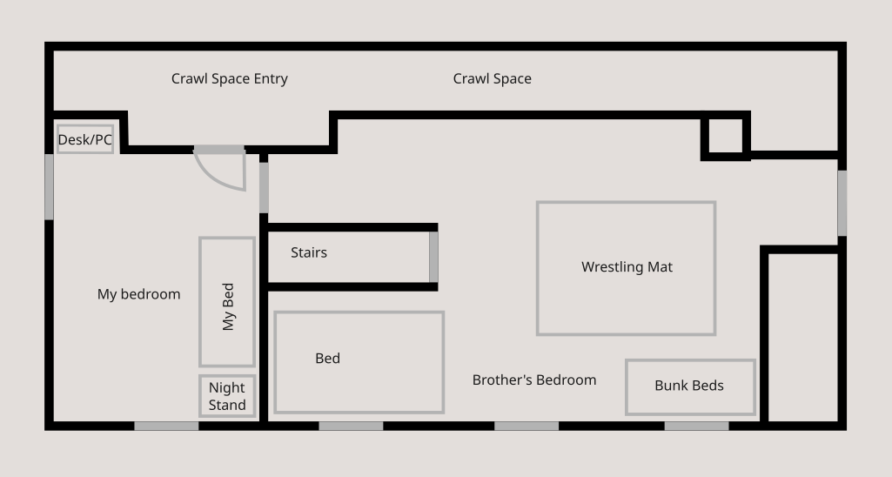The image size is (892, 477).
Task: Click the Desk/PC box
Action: pyautogui.click(x=85, y=139)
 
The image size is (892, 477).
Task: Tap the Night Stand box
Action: pyautogui.click(x=227, y=396)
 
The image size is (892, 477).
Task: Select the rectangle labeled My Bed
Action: pyautogui.click(x=227, y=302)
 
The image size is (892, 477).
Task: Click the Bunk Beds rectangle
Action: pyautogui.click(x=690, y=386)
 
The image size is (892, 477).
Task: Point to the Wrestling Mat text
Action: pyautogui.click(x=627, y=267)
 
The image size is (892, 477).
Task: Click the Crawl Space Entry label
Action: pyautogui.click(x=229, y=79)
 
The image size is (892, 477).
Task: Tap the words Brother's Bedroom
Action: pyautogui.click(x=534, y=380)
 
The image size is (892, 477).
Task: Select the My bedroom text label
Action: pyautogui.click(x=138, y=294)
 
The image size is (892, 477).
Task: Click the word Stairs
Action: pyautogui.click(x=309, y=252)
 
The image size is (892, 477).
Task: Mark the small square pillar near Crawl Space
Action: pyautogui.click(x=725, y=137)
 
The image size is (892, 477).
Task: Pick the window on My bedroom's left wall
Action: pyautogui.click(x=50, y=186)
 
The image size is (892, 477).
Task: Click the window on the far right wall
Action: pyautogui.click(x=842, y=203)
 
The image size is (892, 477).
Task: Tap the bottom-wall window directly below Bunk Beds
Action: pyautogui.click(x=696, y=426)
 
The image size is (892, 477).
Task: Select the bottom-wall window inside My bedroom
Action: pyautogui.click(x=166, y=426)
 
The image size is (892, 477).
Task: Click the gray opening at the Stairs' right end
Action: pyautogui.click(x=433, y=257)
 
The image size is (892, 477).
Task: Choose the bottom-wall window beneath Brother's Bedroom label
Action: pyautogui.click(x=526, y=426)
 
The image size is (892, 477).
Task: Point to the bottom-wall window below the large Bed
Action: pyautogui.click(x=351, y=426)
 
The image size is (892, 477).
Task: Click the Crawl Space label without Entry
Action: pyautogui.click(x=492, y=79)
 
